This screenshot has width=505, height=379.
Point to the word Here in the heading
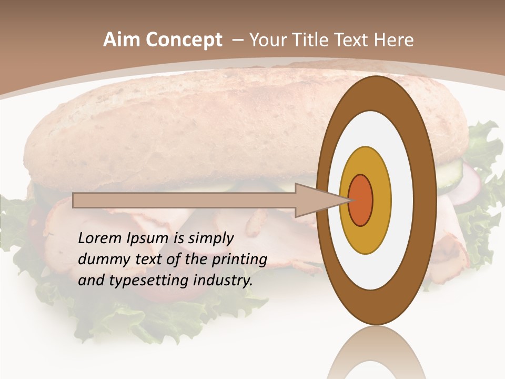click(394, 40)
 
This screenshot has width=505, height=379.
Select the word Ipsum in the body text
click(148, 239)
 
